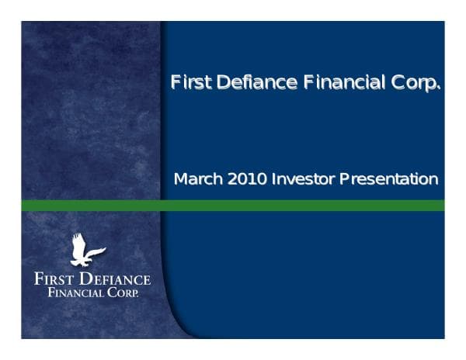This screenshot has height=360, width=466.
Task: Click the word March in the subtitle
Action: [198, 179]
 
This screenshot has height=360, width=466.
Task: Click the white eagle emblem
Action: [86, 250]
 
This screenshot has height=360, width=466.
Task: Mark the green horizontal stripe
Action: [233, 206]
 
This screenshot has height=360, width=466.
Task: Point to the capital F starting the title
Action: [176, 81]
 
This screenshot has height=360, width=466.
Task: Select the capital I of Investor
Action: [273, 179]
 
